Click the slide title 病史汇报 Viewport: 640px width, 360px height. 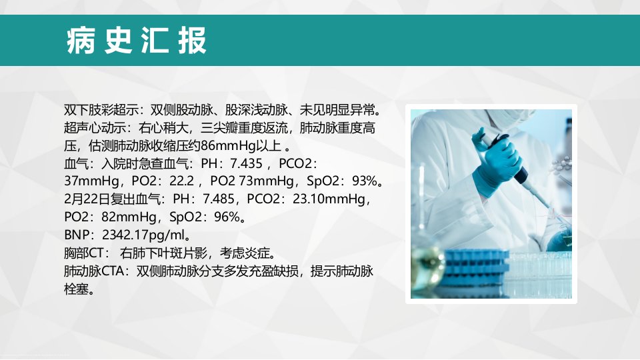(137, 41)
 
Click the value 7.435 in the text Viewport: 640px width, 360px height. (246, 164)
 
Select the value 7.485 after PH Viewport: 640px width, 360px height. (219, 199)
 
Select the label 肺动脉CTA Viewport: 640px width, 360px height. (94, 271)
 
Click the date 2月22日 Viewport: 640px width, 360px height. (87, 199)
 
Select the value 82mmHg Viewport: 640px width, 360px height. (126, 217)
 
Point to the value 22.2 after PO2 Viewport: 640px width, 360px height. (181, 181)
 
